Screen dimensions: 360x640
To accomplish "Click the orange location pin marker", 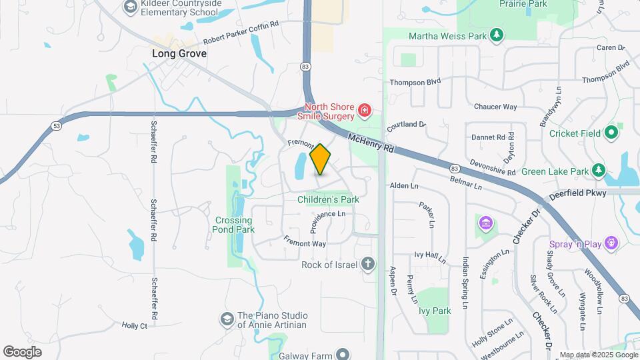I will point(320,159).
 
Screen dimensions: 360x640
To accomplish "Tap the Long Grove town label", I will point(179,53).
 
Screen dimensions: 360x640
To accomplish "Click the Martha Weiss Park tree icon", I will point(495,35).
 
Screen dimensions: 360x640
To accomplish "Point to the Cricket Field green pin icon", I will point(611,133).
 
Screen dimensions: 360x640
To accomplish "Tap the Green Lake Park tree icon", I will point(599,171).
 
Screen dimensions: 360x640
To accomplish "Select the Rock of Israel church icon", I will point(367,264).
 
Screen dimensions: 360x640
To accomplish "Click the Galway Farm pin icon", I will point(343,355).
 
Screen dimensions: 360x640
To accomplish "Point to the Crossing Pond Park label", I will point(234,225).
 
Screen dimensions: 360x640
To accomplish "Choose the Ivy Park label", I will point(435,311).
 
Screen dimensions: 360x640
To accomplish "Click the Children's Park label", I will point(328,199).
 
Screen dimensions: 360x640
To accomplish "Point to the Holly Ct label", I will point(134,326).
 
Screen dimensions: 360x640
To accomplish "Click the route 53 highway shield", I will point(57,125).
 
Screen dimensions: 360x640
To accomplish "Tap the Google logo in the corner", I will point(23,351).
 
